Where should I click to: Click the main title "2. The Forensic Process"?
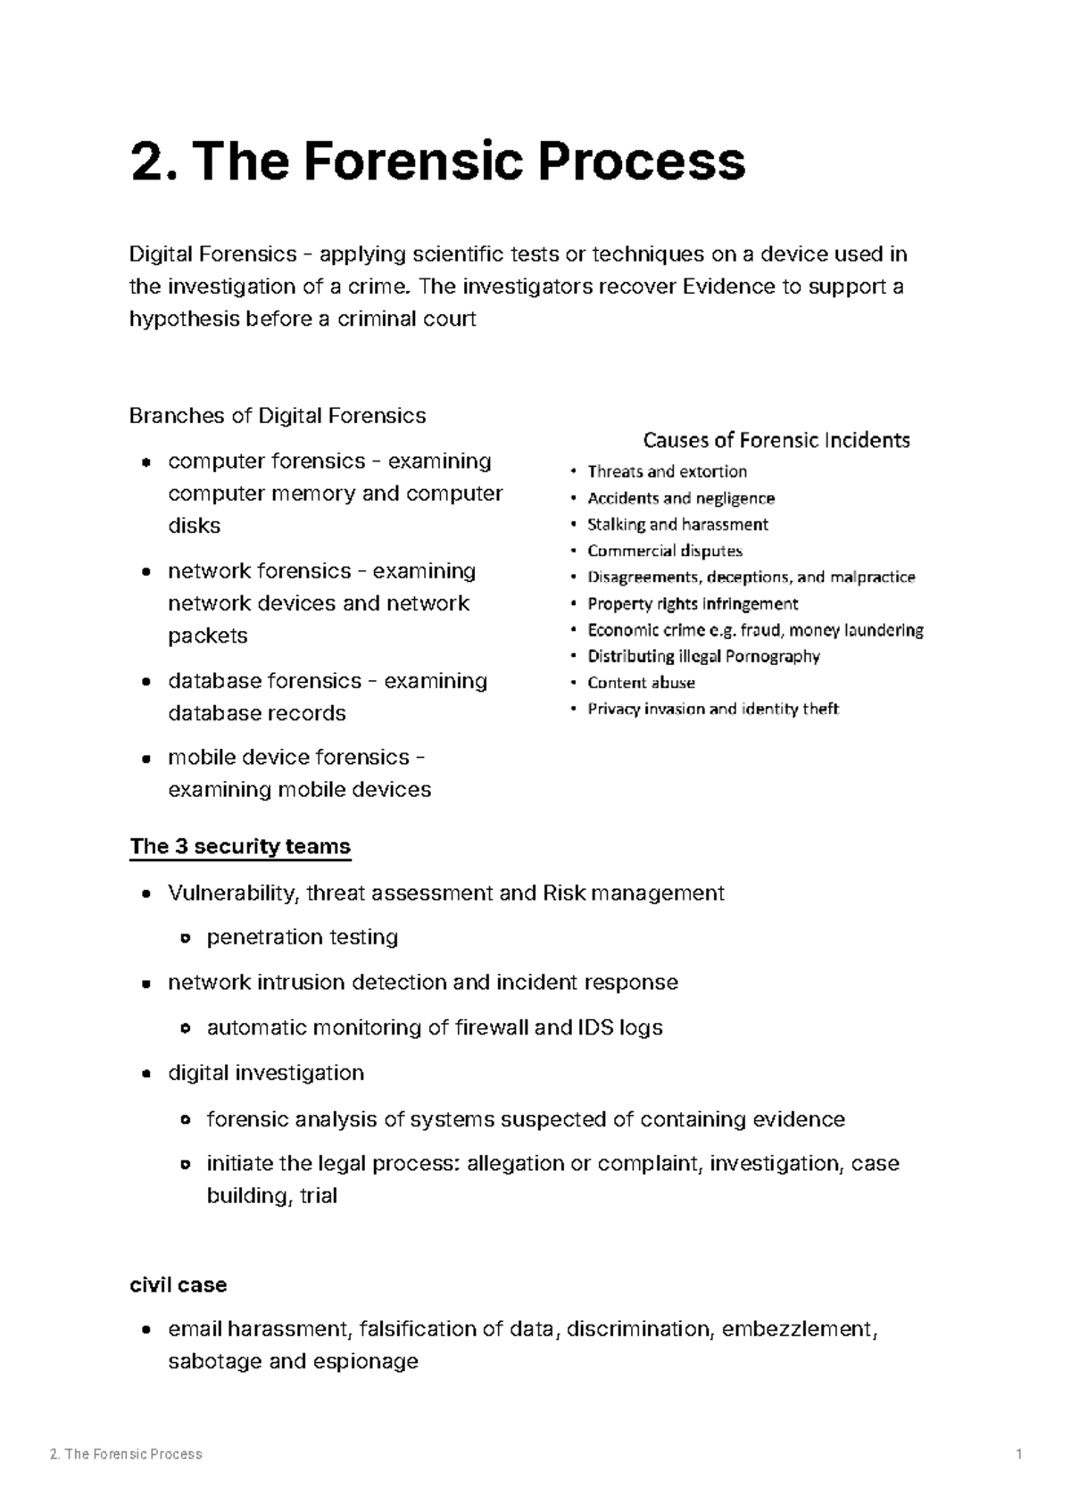tap(437, 162)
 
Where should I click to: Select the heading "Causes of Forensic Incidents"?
tap(776, 440)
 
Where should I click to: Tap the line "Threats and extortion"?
tap(667, 471)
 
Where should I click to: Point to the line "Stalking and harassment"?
tap(677, 524)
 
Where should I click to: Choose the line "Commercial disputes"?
tap(665, 551)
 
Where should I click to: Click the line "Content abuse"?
tap(641, 683)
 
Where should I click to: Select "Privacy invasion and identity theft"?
tap(713, 709)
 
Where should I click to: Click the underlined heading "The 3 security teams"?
tap(240, 846)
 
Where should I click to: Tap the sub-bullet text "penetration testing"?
tap(303, 937)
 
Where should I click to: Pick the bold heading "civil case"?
tap(178, 1284)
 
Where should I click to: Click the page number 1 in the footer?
tap(1018, 1454)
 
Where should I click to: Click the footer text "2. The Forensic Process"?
tap(126, 1454)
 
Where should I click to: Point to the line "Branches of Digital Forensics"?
tap(278, 416)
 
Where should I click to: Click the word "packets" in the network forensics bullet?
tap(208, 636)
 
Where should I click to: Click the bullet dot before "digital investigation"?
tap(145, 1074)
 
